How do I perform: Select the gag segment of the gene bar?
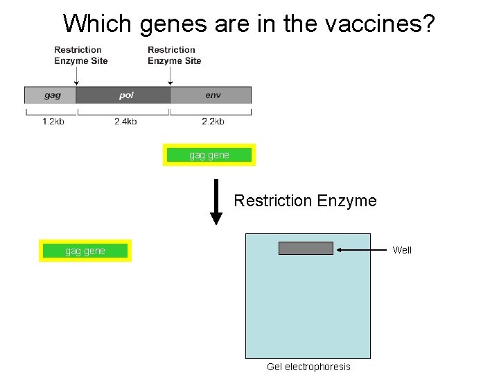click(51, 95)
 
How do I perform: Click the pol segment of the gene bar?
click(123, 95)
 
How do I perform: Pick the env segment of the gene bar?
click(211, 95)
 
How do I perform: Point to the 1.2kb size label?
click(53, 122)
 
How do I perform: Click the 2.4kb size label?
click(125, 122)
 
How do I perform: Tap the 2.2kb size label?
click(213, 122)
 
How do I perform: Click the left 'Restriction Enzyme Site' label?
click(81, 55)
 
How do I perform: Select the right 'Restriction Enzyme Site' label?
click(175, 55)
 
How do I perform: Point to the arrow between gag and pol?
click(76, 76)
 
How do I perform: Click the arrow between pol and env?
click(170, 76)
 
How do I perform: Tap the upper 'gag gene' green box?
click(209, 155)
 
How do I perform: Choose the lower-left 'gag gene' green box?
click(85, 251)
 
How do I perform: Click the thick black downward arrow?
click(216, 201)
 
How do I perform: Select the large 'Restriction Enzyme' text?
click(305, 201)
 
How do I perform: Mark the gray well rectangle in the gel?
click(306, 248)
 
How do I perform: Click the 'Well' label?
click(402, 250)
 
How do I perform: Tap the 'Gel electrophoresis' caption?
click(308, 367)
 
